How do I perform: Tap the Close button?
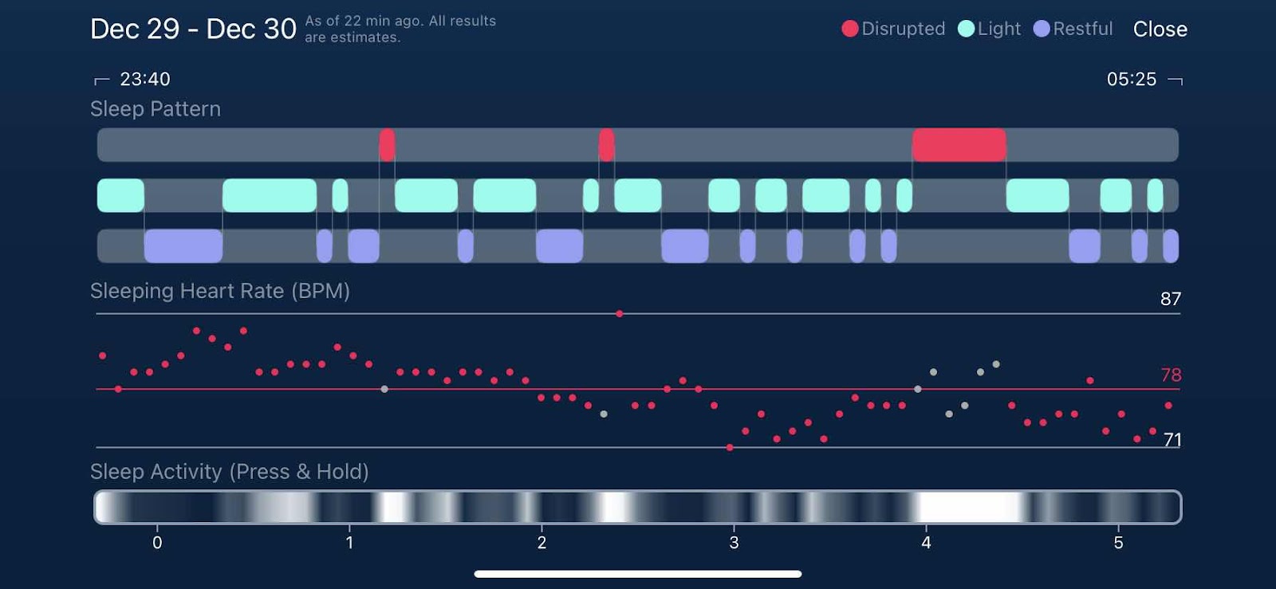click(x=1160, y=29)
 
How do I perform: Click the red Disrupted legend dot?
click(x=850, y=29)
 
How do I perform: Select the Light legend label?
click(x=998, y=29)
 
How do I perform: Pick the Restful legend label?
click(x=1082, y=29)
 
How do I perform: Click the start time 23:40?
click(x=144, y=79)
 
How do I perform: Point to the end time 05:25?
click(x=1131, y=79)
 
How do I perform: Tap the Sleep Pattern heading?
click(x=156, y=109)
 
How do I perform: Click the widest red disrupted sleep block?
click(x=959, y=145)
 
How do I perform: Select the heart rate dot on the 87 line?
click(x=620, y=314)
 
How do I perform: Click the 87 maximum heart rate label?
click(x=1170, y=299)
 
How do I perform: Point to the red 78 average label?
click(x=1171, y=375)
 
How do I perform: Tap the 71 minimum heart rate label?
click(x=1172, y=439)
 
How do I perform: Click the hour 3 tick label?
click(x=734, y=543)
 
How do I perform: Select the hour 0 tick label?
click(x=157, y=543)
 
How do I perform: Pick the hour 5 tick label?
click(x=1118, y=543)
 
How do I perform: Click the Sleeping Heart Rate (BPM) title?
click(x=220, y=291)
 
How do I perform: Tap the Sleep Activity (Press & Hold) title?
click(x=229, y=472)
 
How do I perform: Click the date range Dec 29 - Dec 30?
click(x=193, y=29)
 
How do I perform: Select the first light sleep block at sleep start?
click(x=120, y=195)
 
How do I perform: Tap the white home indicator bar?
click(x=638, y=574)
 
